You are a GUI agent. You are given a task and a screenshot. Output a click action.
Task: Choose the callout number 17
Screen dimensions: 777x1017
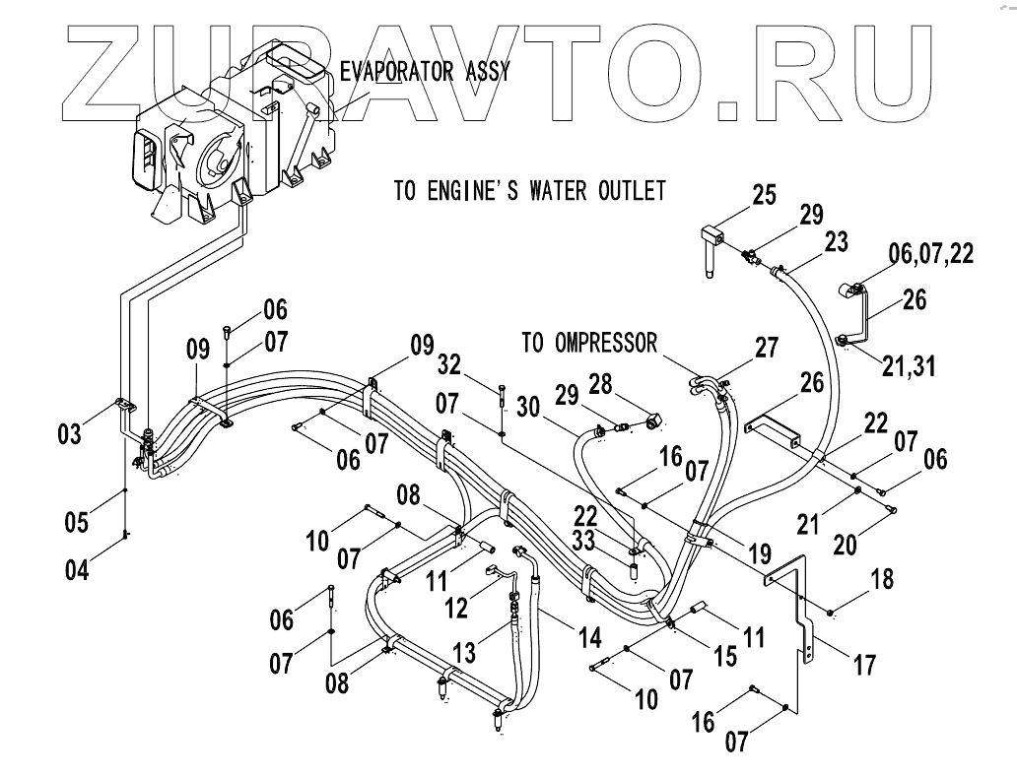click(863, 665)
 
